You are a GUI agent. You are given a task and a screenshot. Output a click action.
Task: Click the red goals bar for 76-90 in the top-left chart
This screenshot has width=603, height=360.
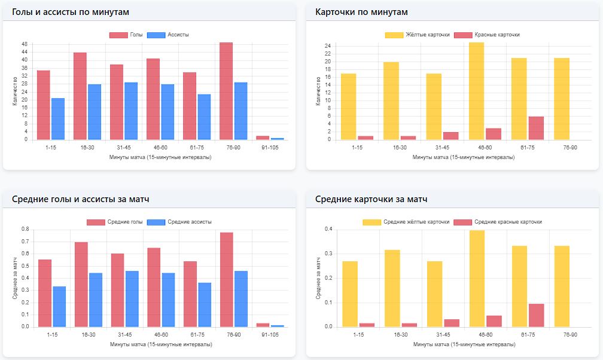coord(226,91)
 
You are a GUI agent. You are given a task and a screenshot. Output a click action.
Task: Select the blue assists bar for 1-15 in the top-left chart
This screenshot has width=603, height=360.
coord(58,118)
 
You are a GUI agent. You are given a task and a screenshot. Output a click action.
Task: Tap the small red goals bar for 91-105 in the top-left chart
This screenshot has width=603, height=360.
coord(263,138)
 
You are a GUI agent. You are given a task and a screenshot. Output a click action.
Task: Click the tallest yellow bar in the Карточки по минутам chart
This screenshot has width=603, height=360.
coord(476,91)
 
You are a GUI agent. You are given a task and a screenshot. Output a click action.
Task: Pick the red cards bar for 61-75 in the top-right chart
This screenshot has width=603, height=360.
coord(536,128)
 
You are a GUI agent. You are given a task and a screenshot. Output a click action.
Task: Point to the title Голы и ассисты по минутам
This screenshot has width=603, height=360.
coord(70,12)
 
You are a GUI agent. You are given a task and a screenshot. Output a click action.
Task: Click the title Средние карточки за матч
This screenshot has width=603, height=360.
coord(371,199)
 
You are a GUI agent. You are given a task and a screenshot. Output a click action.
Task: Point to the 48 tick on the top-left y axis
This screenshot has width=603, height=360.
coord(25,44)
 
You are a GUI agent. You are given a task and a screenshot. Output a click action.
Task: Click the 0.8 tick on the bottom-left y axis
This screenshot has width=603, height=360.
coord(25,229)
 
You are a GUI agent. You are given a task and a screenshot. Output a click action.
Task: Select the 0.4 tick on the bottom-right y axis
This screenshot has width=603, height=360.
coord(328,229)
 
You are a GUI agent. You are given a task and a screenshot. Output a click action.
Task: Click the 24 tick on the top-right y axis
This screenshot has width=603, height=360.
coord(327,46)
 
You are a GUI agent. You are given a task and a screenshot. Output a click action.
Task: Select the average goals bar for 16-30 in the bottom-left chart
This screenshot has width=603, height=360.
coord(81,285)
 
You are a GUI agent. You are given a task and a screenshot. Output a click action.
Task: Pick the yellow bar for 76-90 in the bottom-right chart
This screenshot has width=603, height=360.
coord(562,286)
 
